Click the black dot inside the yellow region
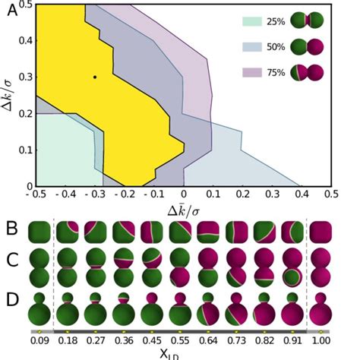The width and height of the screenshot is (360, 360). click(x=95, y=77)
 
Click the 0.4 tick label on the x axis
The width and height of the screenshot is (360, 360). click(x=302, y=195)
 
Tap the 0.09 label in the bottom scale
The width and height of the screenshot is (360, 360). click(x=39, y=342)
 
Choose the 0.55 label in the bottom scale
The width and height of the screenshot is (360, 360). click(x=180, y=342)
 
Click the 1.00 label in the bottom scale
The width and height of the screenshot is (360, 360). click(x=321, y=342)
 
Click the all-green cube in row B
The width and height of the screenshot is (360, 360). click(x=39, y=232)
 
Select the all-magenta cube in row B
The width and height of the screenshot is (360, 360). click(x=321, y=232)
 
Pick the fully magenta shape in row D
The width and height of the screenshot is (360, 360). click(x=321, y=308)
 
